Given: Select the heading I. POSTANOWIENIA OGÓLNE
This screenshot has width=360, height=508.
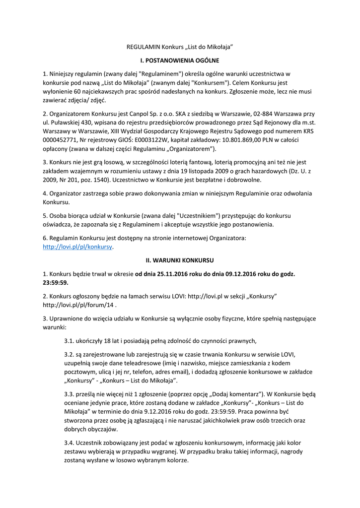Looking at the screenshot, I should pyautogui.click(x=180, y=61).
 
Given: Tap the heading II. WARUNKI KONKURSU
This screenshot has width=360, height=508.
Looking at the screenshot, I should pyautogui.click(x=180, y=260).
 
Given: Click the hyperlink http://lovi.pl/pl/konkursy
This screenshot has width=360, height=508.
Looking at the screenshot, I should pyautogui.click(x=77, y=247).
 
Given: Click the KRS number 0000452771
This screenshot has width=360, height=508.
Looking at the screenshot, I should pyautogui.click(x=60, y=140).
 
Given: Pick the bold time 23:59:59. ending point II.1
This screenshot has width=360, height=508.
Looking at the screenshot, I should pyautogui.click(x=56, y=282).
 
